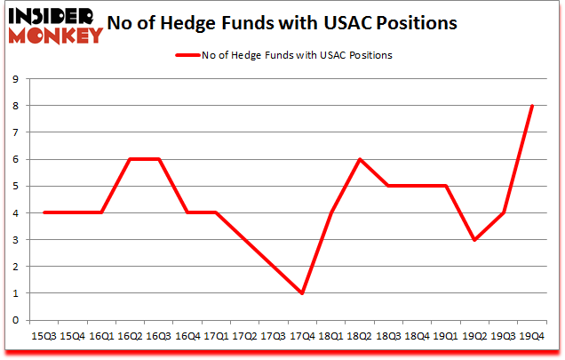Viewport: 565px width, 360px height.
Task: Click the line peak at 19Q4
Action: click(x=532, y=106)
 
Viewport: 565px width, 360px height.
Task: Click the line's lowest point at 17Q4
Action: click(x=303, y=293)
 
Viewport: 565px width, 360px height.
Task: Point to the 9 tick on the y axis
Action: click(x=15, y=79)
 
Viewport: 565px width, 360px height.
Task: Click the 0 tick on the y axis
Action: click(x=15, y=320)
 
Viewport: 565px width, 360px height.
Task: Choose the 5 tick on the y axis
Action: click(x=15, y=186)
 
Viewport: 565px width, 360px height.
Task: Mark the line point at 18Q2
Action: click(x=360, y=159)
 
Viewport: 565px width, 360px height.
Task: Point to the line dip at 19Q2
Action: click(x=474, y=240)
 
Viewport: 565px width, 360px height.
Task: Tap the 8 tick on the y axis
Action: click(x=15, y=106)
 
